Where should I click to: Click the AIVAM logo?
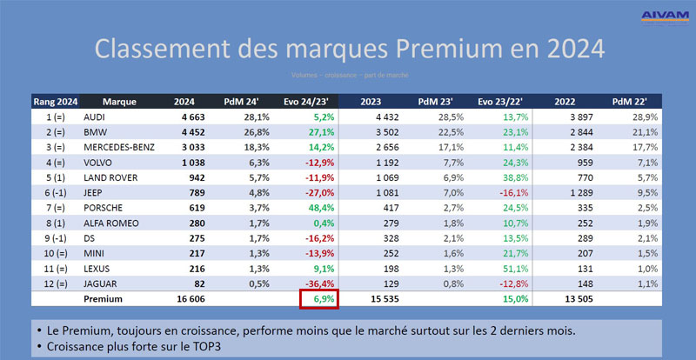click(664, 17)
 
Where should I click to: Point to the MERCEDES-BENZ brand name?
click(119, 147)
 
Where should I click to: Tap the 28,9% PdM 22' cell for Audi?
click(645, 116)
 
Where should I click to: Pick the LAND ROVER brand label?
click(108, 177)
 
